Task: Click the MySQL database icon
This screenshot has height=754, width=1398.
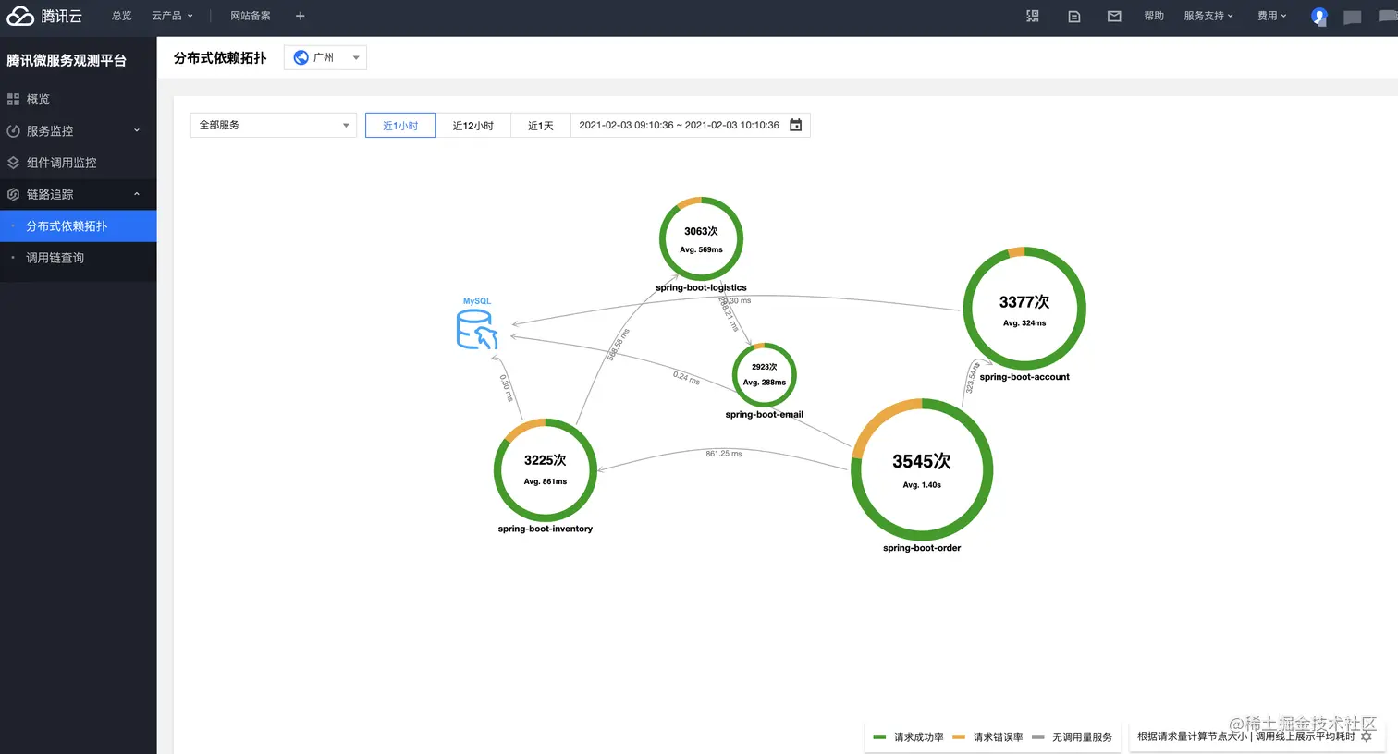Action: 476,329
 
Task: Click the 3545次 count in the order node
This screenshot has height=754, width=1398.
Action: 921,461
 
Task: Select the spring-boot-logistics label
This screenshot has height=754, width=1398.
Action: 701,287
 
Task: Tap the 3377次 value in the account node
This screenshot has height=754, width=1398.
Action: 1024,302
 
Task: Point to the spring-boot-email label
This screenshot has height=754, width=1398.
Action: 764,414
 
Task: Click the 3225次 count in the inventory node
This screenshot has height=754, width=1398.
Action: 545,460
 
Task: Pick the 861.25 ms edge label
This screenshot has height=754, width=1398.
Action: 723,454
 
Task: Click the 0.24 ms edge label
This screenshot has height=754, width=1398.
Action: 686,377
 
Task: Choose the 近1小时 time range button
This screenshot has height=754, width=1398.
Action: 400,126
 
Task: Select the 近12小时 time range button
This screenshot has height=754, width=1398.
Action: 472,126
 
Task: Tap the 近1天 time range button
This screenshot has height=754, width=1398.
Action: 540,126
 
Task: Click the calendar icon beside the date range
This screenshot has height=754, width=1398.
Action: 795,125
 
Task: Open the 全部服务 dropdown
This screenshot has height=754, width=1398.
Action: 273,125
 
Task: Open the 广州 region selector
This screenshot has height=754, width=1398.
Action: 325,57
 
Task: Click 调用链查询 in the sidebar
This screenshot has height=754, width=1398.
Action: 55,258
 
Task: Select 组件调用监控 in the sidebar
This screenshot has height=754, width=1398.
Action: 61,163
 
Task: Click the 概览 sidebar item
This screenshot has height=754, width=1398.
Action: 38,99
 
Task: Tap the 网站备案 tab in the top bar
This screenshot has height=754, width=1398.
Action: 250,16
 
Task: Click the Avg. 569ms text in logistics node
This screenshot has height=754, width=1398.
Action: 701,249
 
